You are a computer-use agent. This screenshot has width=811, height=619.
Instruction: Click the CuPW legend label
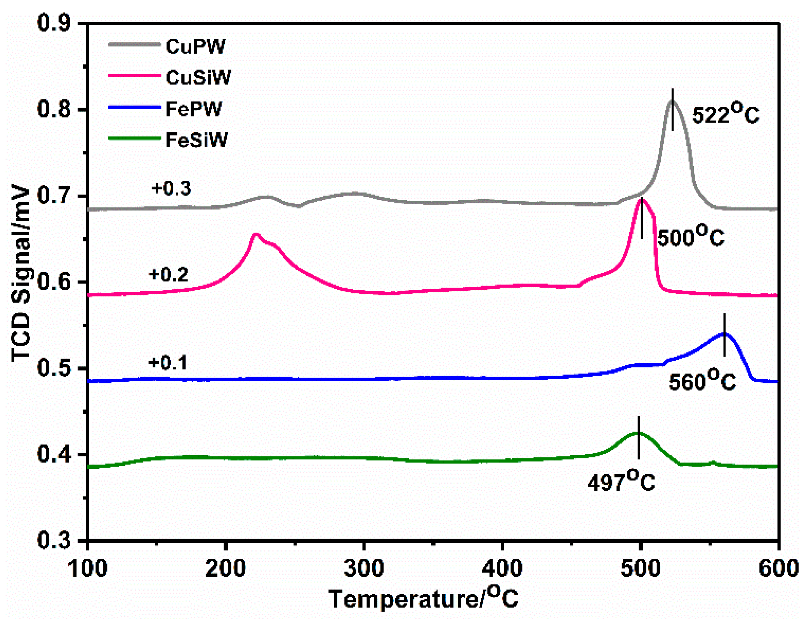[195, 47]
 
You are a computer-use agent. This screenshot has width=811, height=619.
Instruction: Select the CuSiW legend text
[198, 78]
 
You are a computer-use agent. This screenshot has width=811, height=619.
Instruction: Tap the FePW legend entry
[193, 109]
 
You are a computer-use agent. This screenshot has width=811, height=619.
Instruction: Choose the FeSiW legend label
[196, 140]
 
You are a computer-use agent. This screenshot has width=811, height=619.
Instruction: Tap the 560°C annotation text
[702, 381]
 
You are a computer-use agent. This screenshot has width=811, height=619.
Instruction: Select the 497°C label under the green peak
[621, 482]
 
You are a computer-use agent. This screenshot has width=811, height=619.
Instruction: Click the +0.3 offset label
[171, 189]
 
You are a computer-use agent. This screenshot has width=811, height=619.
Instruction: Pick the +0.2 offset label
[168, 275]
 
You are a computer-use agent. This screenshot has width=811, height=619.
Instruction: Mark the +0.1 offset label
[168, 363]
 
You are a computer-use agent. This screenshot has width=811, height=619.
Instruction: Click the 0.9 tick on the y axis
[54, 23]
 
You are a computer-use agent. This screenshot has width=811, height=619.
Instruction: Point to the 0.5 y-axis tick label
[54, 368]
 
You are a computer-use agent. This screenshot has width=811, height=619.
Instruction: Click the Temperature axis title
[423, 598]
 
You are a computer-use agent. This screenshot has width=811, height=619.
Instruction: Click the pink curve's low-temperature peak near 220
[255, 234]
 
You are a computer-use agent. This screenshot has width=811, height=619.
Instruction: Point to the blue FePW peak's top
[724, 333]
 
